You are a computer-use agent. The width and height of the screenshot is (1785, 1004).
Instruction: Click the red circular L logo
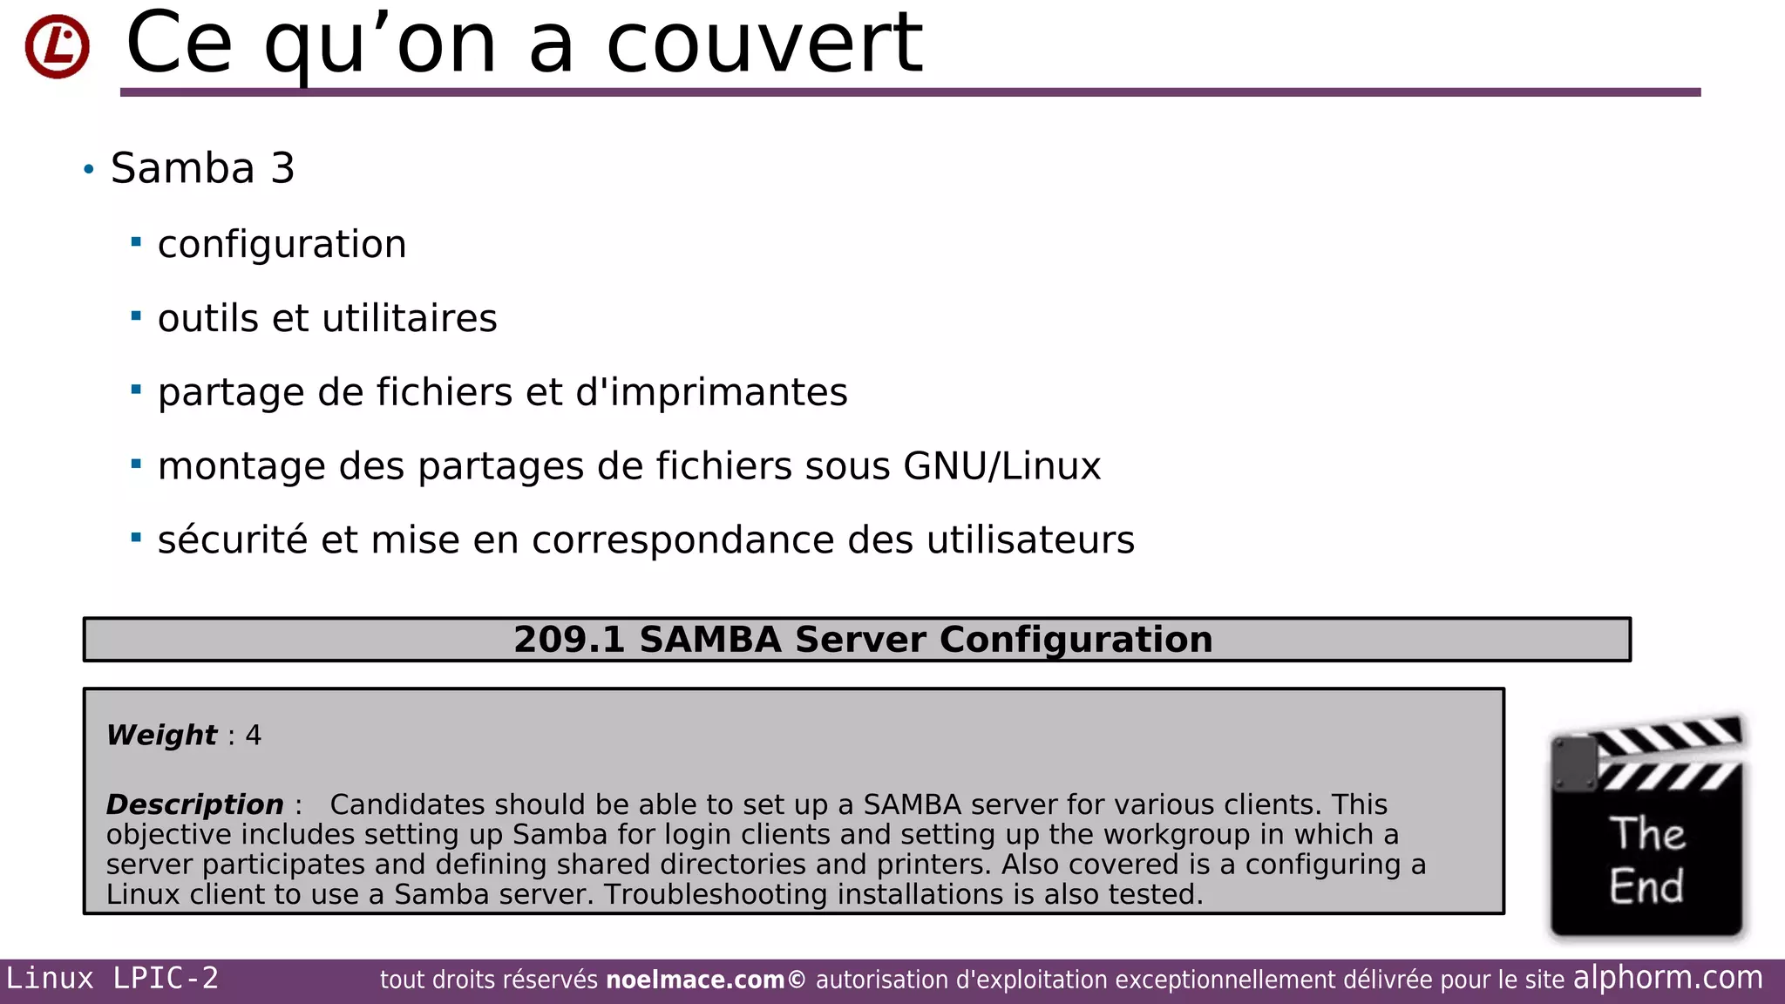(x=58, y=46)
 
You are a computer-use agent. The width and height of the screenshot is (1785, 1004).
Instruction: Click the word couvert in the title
(x=764, y=44)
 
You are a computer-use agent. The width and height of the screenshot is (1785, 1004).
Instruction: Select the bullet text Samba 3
(x=202, y=168)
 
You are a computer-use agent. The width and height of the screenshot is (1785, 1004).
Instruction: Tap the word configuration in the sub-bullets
(x=282, y=244)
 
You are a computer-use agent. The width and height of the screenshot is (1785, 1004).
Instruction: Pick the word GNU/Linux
(x=1002, y=466)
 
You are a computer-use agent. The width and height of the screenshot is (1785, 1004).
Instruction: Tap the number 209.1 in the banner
(x=569, y=640)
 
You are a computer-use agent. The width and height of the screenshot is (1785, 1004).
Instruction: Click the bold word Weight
(x=161, y=735)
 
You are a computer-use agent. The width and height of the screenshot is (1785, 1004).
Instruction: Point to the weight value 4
(x=254, y=735)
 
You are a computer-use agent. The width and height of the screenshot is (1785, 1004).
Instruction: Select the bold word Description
(x=194, y=804)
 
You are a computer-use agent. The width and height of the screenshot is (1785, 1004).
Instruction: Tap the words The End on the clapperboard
(x=1646, y=860)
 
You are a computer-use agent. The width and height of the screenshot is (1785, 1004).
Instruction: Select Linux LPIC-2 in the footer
(x=112, y=979)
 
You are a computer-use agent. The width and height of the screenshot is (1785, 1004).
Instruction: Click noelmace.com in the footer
(x=695, y=980)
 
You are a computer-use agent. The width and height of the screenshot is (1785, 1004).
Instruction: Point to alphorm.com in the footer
(x=1667, y=978)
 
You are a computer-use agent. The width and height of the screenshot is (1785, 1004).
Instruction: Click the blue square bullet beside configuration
(x=136, y=241)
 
